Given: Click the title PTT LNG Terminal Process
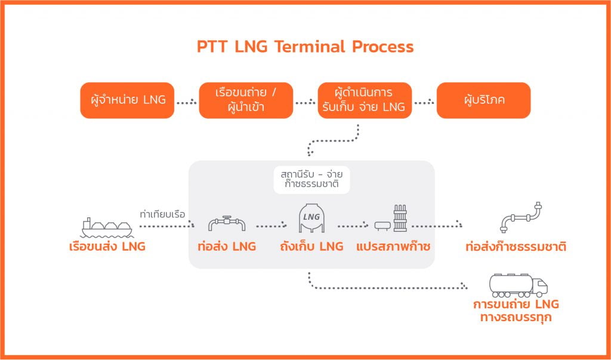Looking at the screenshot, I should [x=305, y=47].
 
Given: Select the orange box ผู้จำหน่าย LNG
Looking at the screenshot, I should [x=127, y=100].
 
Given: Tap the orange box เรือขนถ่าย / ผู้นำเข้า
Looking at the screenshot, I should [x=246, y=100].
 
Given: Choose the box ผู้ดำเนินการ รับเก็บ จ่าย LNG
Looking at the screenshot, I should [x=365, y=100].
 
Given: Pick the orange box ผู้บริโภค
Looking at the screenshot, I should [x=483, y=100].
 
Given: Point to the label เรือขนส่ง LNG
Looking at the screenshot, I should [x=107, y=246].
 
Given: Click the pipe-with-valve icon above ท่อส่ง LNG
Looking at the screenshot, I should [x=226, y=223].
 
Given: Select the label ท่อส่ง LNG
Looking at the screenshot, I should [x=226, y=246].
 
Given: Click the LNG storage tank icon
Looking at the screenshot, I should [x=311, y=219].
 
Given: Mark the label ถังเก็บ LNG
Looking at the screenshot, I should [x=311, y=246].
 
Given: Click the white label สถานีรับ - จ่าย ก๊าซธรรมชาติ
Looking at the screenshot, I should [x=311, y=180].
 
